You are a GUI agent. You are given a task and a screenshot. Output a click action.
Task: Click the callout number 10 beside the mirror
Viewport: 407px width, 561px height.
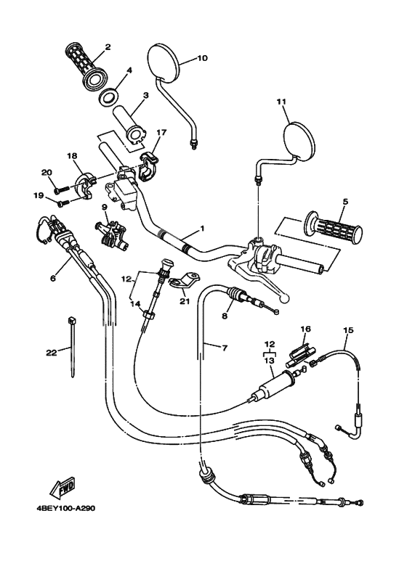(202, 58)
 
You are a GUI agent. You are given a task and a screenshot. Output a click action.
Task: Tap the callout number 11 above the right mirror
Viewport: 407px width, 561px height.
(281, 102)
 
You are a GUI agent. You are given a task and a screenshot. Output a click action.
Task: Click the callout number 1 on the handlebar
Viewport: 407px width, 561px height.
(201, 229)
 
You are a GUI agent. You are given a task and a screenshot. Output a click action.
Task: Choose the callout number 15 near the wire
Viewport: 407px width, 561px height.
(348, 330)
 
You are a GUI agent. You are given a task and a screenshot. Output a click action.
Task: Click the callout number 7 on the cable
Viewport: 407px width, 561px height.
(224, 348)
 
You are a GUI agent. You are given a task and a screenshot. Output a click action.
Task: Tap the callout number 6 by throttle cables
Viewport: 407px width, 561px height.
(52, 278)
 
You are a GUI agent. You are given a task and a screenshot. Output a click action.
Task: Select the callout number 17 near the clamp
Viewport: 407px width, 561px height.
(161, 133)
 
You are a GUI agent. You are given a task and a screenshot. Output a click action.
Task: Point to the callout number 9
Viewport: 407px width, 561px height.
(104, 207)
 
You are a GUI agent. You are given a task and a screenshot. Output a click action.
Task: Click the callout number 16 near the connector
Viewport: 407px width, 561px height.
(306, 329)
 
